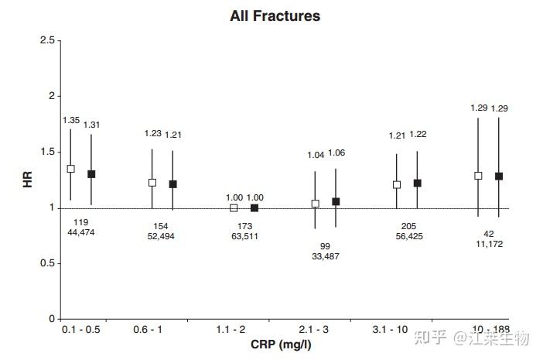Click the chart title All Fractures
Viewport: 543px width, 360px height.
coord(275,15)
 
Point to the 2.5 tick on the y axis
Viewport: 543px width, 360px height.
coord(47,40)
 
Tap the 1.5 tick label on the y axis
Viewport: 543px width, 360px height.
coord(47,152)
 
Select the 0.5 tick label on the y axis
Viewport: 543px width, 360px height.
coord(47,263)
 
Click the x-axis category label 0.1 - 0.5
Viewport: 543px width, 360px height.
coord(80,330)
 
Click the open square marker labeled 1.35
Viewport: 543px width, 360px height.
coord(70,169)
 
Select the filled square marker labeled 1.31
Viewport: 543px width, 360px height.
coord(91,174)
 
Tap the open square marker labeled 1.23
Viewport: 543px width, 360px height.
coord(152,183)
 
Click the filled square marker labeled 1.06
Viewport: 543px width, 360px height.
coord(336,201)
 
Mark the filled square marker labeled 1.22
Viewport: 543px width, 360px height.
coord(417,183)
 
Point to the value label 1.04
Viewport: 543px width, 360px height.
coord(316,155)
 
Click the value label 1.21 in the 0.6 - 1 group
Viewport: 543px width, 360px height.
coord(173,135)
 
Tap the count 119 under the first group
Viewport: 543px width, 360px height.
coord(80,221)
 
